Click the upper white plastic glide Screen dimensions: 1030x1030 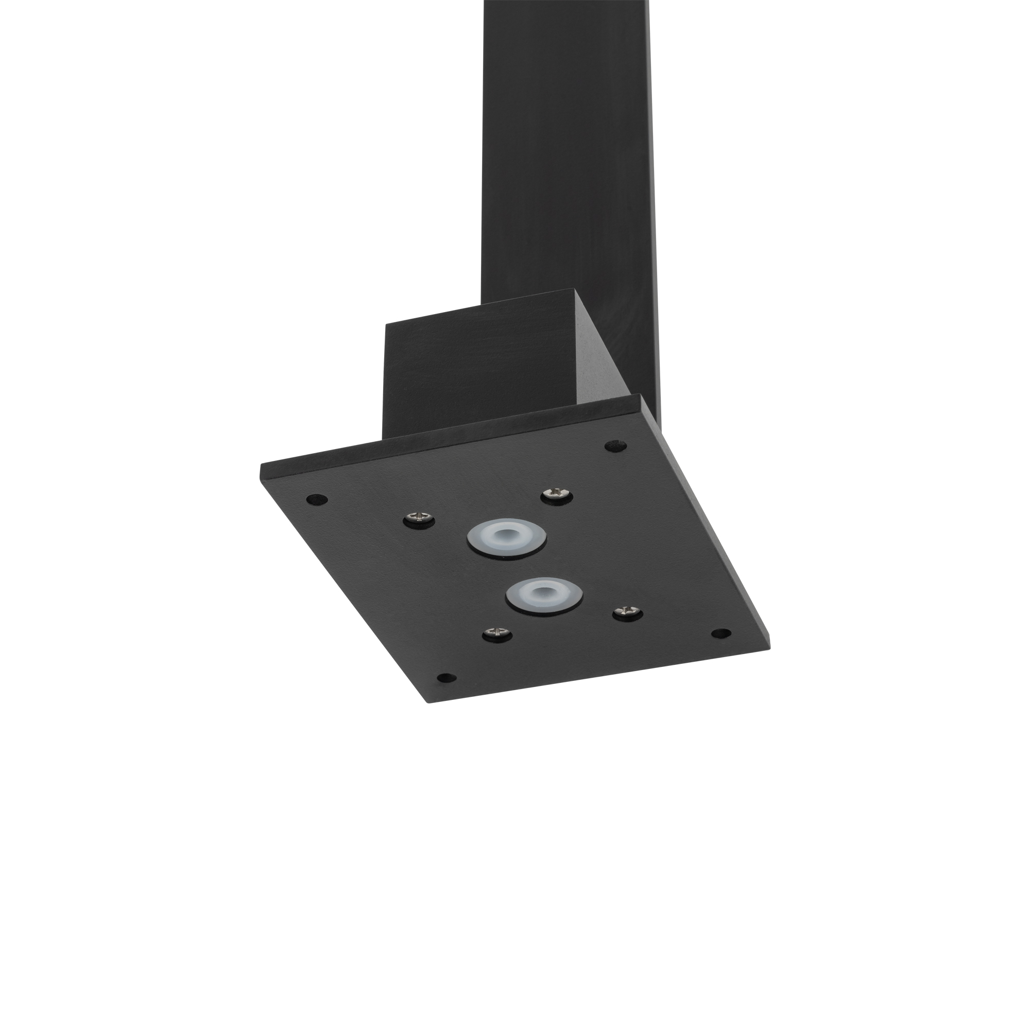tap(506, 540)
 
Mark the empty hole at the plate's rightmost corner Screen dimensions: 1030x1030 tap(721, 633)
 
